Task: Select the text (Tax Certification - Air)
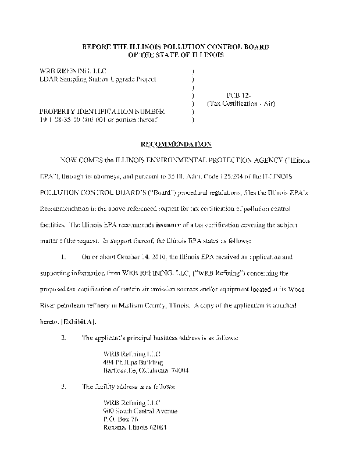coord(241,103)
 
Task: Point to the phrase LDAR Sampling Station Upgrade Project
coord(97,79)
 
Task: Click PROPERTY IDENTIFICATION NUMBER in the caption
coord(102,111)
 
